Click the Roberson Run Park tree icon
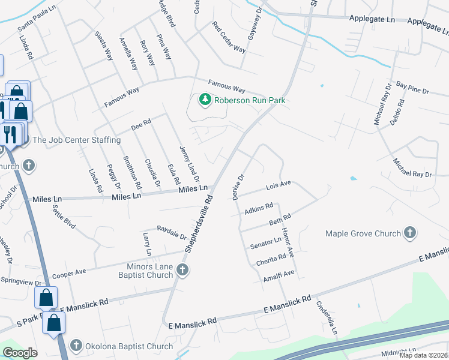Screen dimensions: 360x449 coord(205,100)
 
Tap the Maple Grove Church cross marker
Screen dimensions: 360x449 coord(410,233)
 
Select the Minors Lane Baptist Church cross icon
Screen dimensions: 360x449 coord(182,271)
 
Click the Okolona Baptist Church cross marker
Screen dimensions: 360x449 coord(76,346)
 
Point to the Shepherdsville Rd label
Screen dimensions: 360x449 coord(199,223)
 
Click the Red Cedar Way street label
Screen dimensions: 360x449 coord(229,37)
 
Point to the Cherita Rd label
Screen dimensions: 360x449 coord(271,259)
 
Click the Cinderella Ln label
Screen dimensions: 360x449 coord(327,318)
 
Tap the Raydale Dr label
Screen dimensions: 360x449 coord(170,229)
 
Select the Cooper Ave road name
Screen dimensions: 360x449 coord(71,274)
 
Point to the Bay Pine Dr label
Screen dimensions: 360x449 coord(412,91)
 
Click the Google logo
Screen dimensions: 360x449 coord(20,353)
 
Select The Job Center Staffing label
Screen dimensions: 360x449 coord(77,140)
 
